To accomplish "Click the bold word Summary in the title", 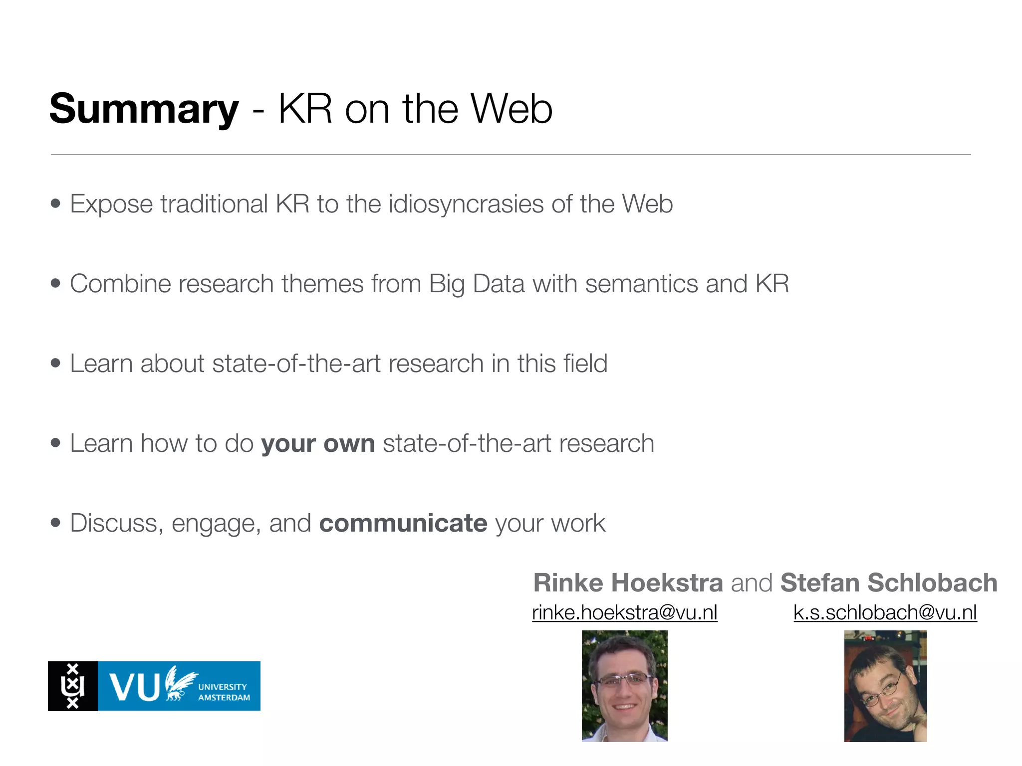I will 144,109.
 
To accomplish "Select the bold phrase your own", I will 318,443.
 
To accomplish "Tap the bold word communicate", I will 403,523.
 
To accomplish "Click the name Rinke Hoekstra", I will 628,582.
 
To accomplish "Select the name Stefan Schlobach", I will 889,582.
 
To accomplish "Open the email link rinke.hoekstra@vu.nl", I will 624,612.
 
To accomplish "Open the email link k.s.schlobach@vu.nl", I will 885,612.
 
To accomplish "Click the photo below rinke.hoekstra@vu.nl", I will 624,686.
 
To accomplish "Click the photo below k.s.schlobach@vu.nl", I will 885,686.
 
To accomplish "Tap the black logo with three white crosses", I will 73,686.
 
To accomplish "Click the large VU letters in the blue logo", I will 134,687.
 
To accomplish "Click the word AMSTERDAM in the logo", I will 224,698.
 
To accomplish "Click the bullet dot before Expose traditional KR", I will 55,204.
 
